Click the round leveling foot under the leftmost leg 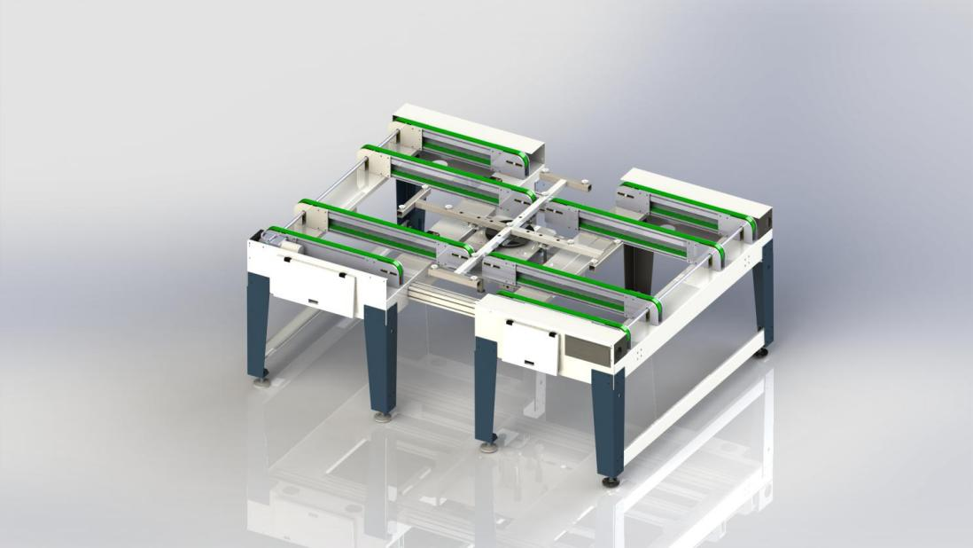tap(262, 384)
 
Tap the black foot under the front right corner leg tap(611, 482)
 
